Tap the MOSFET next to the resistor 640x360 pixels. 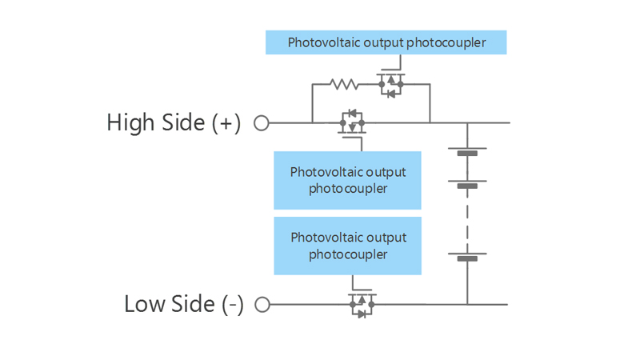point(390,85)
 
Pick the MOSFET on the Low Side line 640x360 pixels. point(361,304)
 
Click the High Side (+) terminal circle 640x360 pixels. point(261,123)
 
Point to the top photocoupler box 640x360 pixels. point(386,42)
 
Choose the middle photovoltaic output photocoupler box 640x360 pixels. point(347,180)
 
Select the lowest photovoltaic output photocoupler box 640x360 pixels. point(347,246)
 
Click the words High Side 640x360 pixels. point(155,123)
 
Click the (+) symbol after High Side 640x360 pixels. point(226,123)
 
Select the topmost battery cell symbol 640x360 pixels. point(467,150)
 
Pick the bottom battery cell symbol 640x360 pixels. point(467,256)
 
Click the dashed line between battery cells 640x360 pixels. point(467,220)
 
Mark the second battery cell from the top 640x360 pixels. point(467,182)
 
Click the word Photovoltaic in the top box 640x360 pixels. point(324,42)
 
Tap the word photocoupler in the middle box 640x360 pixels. point(347,189)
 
